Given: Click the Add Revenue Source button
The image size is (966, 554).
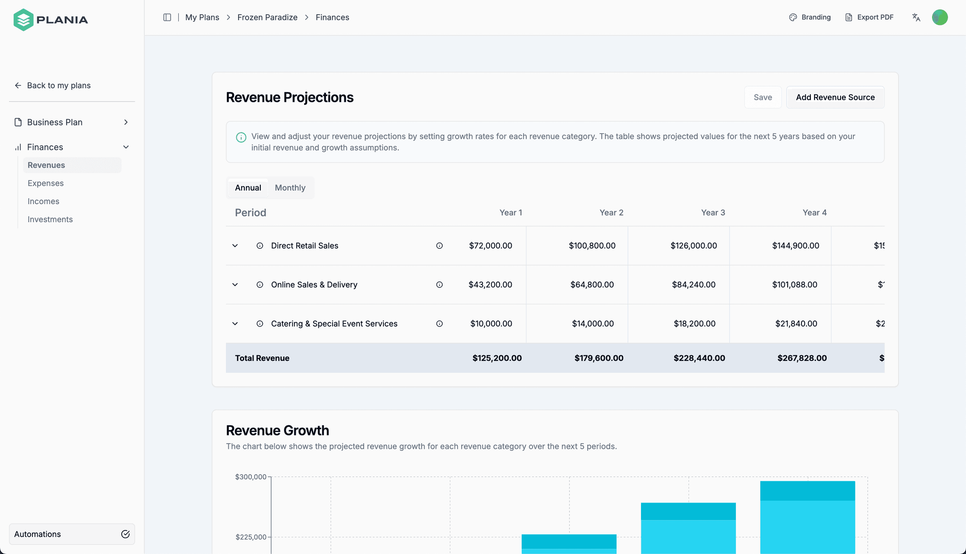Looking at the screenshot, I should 835,97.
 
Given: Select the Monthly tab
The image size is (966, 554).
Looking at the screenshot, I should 290,188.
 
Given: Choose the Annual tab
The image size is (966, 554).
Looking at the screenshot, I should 248,188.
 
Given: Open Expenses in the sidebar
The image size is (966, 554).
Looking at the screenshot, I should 46,183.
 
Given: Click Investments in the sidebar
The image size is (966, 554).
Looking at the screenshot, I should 50,219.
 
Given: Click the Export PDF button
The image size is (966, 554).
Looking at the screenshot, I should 869,17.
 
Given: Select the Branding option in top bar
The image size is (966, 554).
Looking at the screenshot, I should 810,17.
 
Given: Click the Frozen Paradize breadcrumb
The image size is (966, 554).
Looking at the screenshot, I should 267,17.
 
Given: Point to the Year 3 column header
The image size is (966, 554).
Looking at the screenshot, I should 713,213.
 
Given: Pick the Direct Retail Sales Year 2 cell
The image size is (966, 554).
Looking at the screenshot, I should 592,246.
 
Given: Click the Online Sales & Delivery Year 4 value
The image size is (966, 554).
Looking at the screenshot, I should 795,285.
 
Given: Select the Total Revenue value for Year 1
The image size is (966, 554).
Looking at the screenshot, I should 497,358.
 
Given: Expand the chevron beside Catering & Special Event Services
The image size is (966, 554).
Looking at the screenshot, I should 235,324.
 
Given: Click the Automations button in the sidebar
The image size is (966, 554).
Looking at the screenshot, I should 72,534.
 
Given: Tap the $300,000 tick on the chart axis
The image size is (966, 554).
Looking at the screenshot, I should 251,477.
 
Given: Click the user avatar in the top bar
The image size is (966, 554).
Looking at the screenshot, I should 940,17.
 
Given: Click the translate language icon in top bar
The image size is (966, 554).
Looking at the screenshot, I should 916,17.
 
